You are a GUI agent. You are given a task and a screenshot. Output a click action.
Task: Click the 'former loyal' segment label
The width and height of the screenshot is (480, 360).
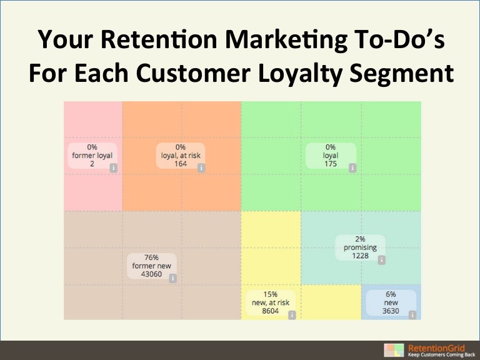point(92,156)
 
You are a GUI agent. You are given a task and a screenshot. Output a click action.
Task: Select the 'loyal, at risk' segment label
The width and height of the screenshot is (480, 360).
point(181,156)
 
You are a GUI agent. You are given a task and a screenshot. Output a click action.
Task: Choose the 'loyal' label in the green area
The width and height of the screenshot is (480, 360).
point(331,156)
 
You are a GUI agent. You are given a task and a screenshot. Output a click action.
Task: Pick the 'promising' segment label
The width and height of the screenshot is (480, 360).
point(360,247)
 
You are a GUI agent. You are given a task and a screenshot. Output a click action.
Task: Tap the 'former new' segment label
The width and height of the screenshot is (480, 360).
point(152,266)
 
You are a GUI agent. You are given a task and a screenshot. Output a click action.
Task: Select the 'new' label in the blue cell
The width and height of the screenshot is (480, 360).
point(391,303)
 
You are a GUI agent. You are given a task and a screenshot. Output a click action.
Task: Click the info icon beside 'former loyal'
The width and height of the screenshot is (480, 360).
point(113,167)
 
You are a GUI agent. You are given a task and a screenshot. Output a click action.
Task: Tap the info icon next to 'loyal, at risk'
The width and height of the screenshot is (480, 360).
point(201,167)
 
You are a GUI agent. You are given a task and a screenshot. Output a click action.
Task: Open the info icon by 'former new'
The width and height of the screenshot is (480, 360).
point(172,279)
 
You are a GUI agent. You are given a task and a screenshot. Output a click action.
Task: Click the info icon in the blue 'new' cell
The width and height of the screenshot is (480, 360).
point(412,315)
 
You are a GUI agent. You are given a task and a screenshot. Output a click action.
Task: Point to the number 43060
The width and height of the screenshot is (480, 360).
point(152,274)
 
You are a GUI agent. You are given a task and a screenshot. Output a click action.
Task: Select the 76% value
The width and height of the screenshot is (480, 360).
point(152,257)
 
